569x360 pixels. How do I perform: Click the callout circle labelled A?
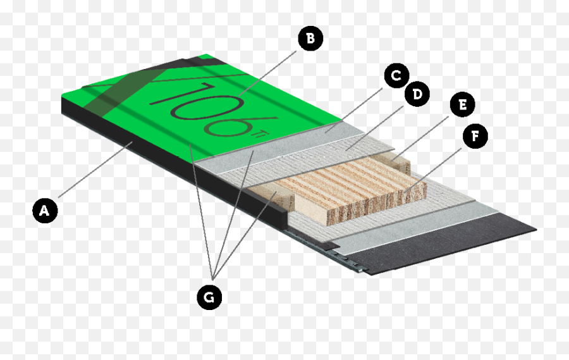pos(45,210)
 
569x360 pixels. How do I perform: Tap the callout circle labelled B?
pos(310,38)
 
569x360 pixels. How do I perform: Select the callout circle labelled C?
pos(396,75)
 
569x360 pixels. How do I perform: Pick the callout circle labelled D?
pos(417,94)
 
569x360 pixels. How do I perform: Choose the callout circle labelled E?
pos(462,104)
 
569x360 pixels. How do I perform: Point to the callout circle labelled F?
pos(475,136)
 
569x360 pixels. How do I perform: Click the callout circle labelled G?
pos(209,297)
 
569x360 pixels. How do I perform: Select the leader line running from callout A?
pos(95,170)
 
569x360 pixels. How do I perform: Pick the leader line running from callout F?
pos(433,170)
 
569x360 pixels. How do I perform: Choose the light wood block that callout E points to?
pos(394,163)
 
